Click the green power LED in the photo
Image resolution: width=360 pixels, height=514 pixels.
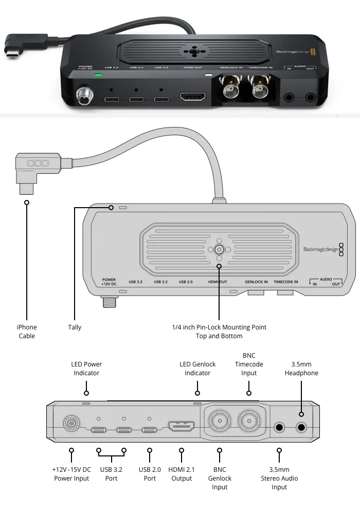tap(98, 76)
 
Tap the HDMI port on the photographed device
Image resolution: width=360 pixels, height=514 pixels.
tap(192, 97)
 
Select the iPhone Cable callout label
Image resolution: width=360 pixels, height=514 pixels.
tap(27, 332)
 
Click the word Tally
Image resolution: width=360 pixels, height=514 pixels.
tap(75, 327)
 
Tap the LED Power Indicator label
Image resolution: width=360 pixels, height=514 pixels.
tap(86, 369)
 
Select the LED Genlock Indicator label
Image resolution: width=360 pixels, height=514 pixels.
tap(197, 369)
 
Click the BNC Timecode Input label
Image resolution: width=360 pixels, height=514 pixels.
tap(249, 364)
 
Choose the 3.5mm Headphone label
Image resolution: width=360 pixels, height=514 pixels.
tap(301, 369)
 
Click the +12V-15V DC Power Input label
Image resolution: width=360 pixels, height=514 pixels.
tap(71, 474)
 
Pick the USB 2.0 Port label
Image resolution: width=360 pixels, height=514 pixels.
tap(150, 474)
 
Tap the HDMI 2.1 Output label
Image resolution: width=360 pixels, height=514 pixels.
tap(182, 474)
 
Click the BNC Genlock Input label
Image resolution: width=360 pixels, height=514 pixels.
tap(220, 478)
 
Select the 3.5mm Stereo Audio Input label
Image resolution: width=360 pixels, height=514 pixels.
tap(279, 478)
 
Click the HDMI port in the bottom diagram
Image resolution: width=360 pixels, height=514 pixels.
tap(181, 427)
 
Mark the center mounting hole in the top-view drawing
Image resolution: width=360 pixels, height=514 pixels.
tap(219, 249)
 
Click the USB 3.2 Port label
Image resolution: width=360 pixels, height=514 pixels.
tap(111, 474)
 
